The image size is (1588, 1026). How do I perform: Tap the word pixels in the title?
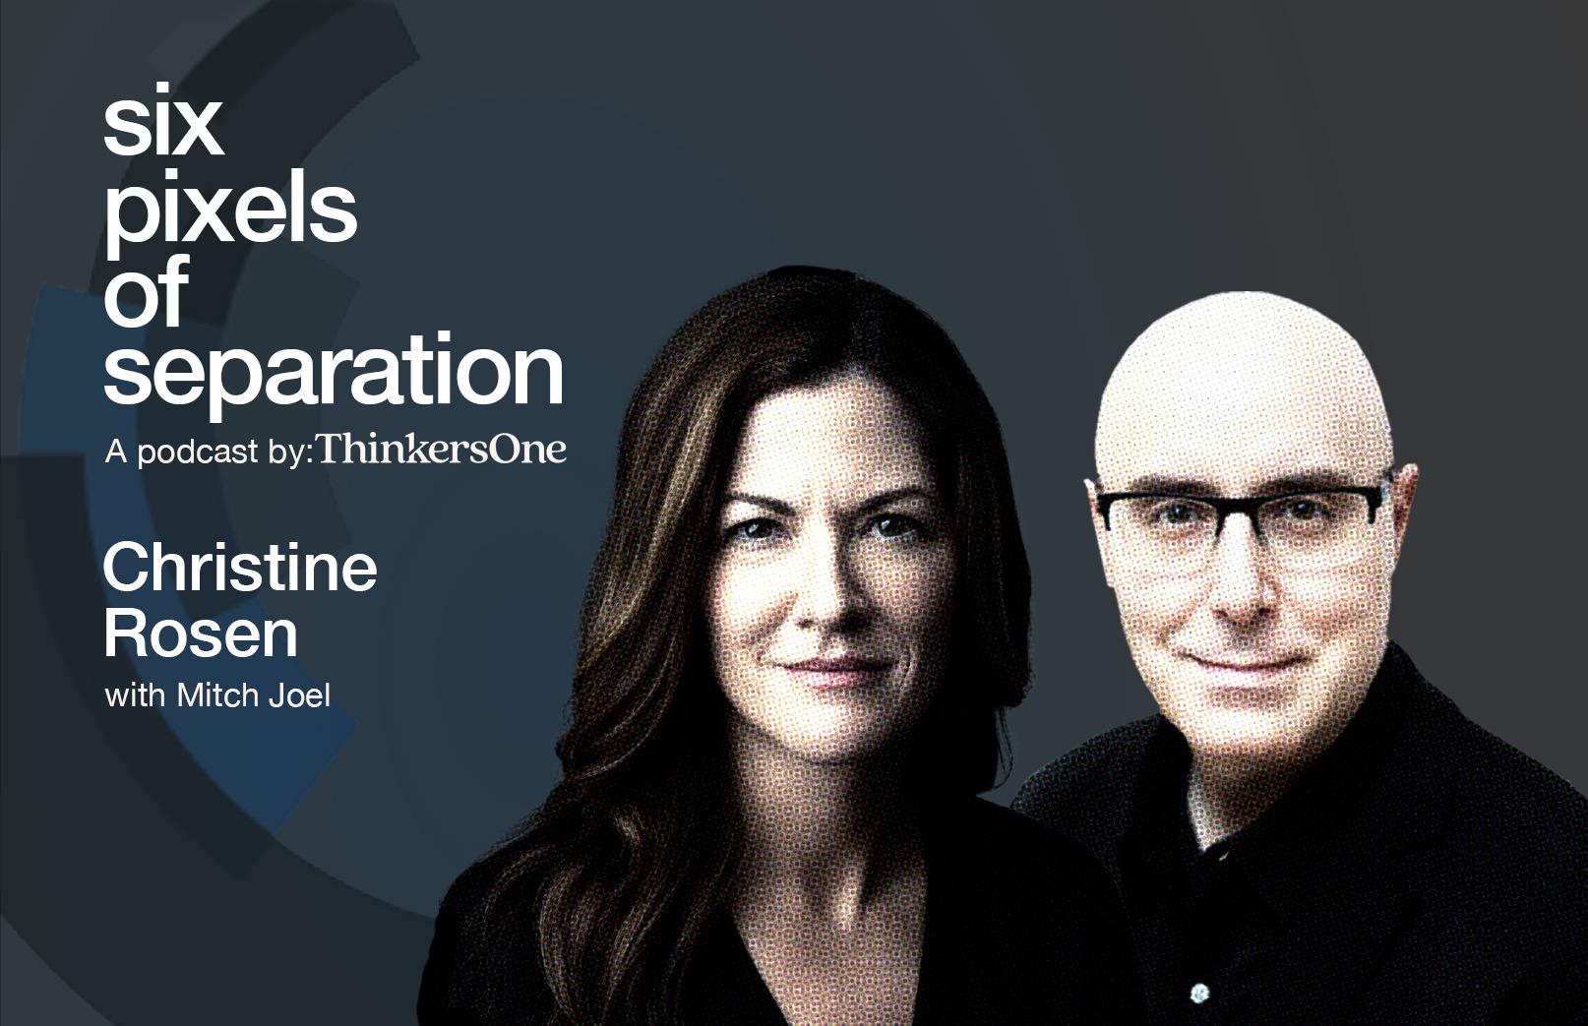[229, 211]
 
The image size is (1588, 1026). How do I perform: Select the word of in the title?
[146, 292]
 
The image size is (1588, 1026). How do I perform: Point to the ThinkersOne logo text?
[442, 450]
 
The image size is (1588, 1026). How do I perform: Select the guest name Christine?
[240, 569]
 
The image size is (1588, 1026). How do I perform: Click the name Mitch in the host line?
[217, 695]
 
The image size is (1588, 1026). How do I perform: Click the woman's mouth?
[829, 668]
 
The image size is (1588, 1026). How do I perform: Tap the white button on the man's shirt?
[1199, 992]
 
